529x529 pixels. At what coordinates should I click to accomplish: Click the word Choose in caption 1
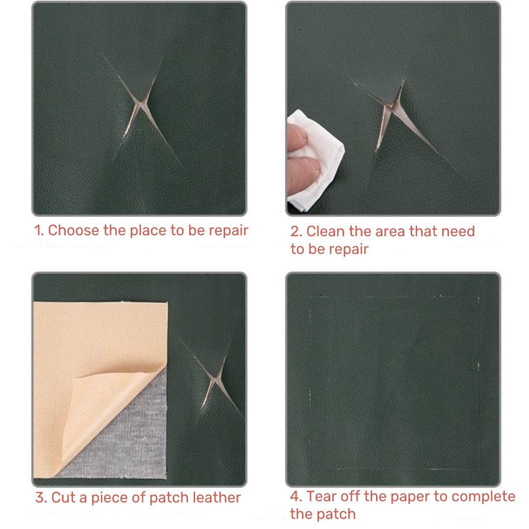[74, 230]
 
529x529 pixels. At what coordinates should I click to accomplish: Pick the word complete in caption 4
[483, 497]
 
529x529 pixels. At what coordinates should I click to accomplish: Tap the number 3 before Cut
[41, 498]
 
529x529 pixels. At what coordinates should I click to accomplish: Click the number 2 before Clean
[296, 232]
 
